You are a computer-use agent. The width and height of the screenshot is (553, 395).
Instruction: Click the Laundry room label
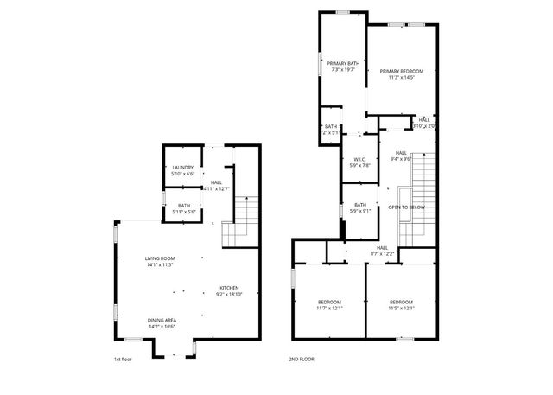click(182, 167)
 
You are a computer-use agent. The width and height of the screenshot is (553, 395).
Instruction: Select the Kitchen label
click(228, 288)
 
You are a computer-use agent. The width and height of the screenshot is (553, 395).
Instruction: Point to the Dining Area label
click(162, 321)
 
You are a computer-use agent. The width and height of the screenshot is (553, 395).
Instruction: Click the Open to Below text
click(405, 207)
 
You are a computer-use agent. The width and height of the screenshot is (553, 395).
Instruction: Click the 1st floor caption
click(122, 359)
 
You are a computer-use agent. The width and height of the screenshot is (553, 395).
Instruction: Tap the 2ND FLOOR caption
click(302, 359)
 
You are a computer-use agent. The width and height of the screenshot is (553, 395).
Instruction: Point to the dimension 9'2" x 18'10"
click(228, 294)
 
